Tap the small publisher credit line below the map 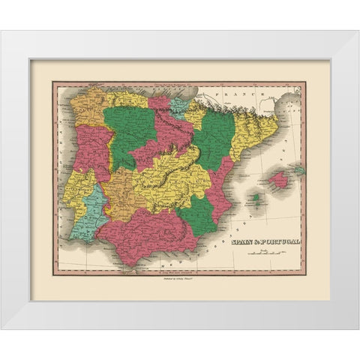pyautogui.click(x=174, y=277)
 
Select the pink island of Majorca pyautogui.click(x=277, y=179)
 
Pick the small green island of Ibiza pyautogui.click(x=255, y=198)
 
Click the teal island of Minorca pyautogui.click(x=298, y=171)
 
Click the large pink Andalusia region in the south pyautogui.click(x=150, y=232)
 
